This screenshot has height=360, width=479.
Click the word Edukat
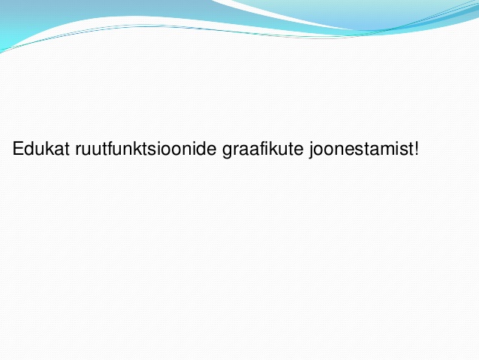(41, 149)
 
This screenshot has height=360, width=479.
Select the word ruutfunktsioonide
(146, 149)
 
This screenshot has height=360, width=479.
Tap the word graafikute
(263, 150)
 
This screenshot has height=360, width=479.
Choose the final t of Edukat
(68, 150)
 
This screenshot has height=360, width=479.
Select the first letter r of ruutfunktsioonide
(78, 150)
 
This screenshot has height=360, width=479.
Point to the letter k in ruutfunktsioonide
(134, 149)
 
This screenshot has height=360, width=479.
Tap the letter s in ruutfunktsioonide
(149, 150)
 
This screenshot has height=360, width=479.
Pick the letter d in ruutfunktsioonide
(202, 149)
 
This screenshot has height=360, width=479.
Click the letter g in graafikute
(227, 152)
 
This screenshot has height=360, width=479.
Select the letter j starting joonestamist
(312, 150)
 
